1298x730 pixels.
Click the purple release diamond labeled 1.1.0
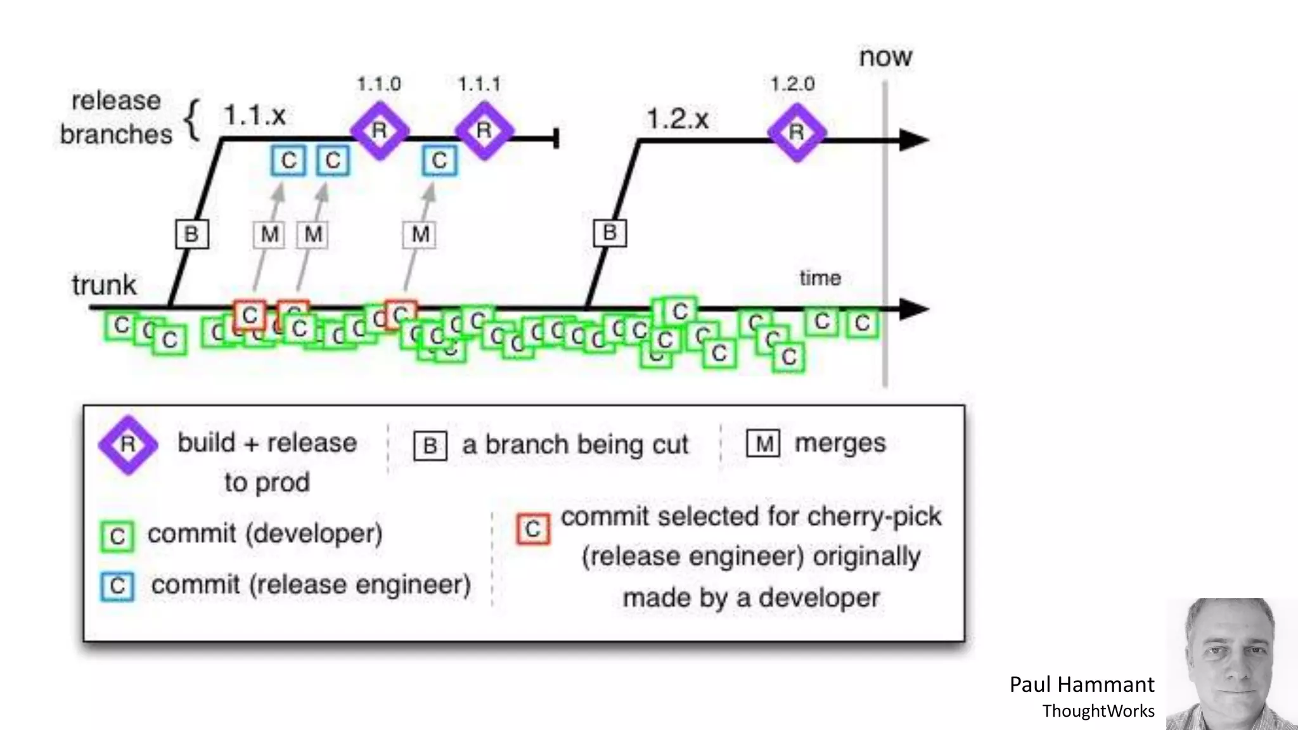point(380,131)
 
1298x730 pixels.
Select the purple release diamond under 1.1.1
point(484,131)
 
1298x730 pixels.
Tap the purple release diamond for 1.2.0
point(797,132)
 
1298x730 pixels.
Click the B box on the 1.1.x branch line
point(191,234)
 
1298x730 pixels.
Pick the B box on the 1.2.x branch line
point(610,233)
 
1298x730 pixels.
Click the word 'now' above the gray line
point(885,57)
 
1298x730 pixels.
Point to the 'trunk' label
point(104,285)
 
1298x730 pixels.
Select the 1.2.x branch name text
point(677,118)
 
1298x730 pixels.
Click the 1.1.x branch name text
point(254,115)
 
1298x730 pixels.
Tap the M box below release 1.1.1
point(420,234)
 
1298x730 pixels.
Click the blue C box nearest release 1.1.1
point(439,161)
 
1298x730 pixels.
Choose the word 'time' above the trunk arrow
point(819,278)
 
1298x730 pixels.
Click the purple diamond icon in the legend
point(128,445)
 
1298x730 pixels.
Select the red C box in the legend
point(533,529)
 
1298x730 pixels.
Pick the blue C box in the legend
point(117,586)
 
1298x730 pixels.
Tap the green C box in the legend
point(117,537)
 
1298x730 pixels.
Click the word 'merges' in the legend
point(840,443)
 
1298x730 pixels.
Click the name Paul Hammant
point(1081,684)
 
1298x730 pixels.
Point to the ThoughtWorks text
point(1098,711)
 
